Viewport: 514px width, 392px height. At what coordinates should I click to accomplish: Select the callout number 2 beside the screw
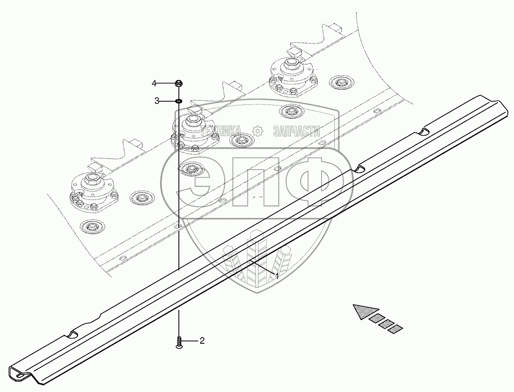pos(202,340)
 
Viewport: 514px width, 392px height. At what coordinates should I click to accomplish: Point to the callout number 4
pos(154,84)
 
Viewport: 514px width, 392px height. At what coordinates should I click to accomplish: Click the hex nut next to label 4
pos(179,84)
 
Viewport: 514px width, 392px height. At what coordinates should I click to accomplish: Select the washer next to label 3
pos(179,101)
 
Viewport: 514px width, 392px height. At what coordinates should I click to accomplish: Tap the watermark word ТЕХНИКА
pos(221,131)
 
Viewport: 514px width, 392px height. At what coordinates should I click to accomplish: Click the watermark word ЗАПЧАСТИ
pos(296,131)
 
